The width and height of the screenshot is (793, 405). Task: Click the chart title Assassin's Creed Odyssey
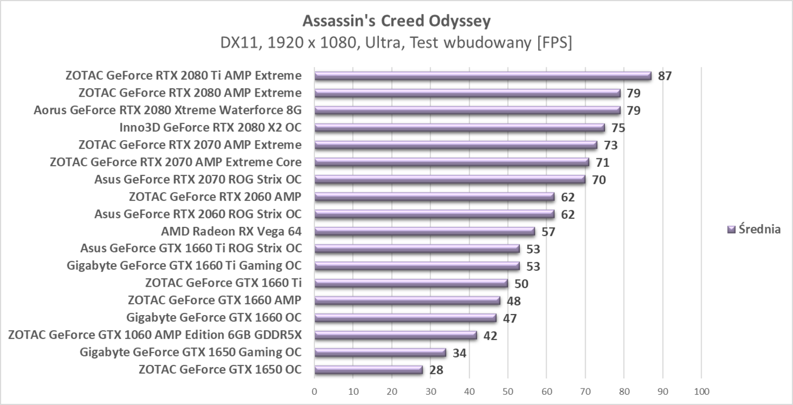click(x=396, y=21)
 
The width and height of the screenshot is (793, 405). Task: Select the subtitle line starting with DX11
click(x=396, y=43)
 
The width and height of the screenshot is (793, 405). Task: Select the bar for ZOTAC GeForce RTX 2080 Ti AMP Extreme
click(x=483, y=76)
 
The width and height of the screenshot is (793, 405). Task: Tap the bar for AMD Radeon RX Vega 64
click(x=425, y=231)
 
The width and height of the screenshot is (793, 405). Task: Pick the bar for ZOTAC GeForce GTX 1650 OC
click(x=369, y=370)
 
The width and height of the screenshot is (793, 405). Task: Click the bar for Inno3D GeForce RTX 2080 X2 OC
click(x=459, y=128)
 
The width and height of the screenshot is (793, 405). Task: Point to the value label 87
click(x=664, y=76)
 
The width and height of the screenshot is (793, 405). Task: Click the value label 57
click(x=548, y=232)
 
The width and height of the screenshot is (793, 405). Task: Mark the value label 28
click(x=436, y=370)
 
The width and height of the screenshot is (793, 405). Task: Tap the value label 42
click(x=490, y=336)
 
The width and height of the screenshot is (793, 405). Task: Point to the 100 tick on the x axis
click(x=701, y=391)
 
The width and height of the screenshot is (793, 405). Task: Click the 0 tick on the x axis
click(x=314, y=391)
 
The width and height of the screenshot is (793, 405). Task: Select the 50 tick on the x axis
click(x=508, y=391)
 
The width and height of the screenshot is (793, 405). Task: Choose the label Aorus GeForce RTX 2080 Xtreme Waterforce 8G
click(x=168, y=110)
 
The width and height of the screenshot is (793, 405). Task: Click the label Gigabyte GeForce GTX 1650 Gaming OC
click(x=191, y=352)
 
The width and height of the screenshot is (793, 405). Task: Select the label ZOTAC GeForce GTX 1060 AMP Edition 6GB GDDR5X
click(x=155, y=335)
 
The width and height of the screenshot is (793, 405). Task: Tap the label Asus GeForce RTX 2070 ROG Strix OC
click(x=198, y=180)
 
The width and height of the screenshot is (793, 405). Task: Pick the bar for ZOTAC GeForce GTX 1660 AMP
click(x=407, y=301)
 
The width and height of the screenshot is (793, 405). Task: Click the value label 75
click(x=618, y=128)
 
